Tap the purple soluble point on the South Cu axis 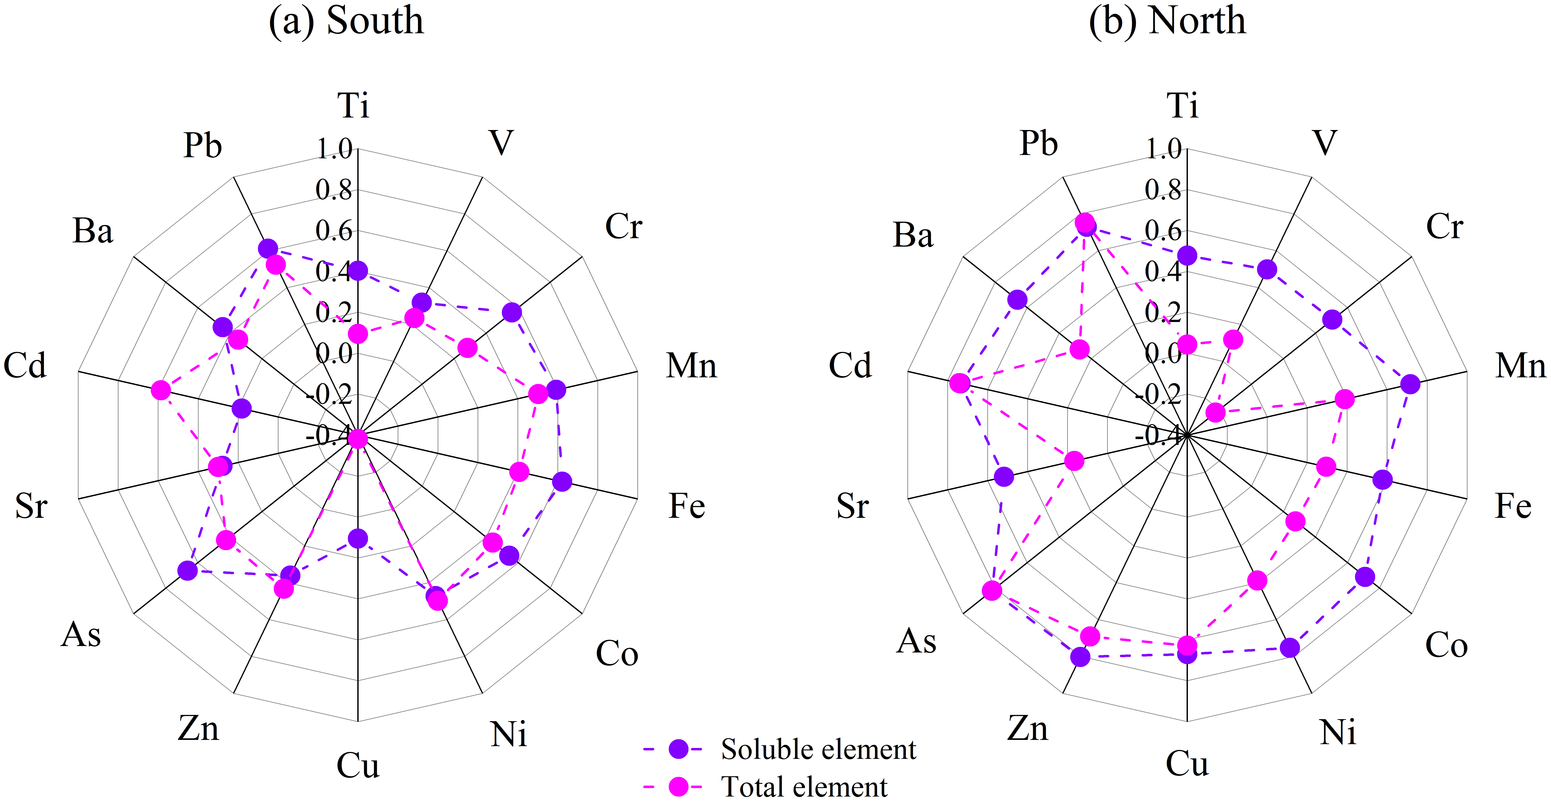pos(358,539)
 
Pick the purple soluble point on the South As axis pos(188,570)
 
